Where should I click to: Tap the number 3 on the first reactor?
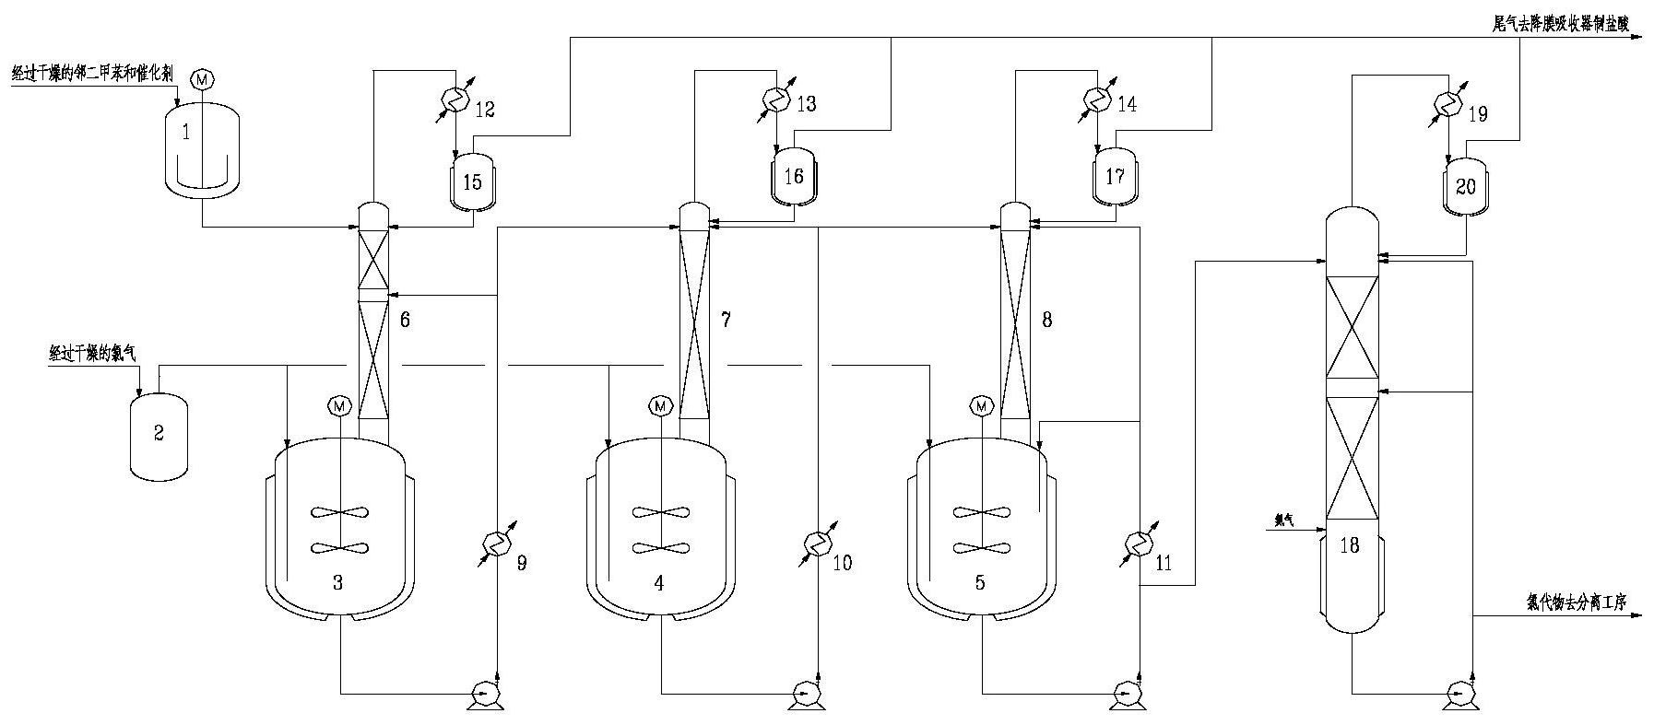[338, 582]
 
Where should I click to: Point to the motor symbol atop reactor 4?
[659, 404]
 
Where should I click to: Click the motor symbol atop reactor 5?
[982, 404]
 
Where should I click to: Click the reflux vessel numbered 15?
[472, 180]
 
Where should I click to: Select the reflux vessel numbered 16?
[793, 175]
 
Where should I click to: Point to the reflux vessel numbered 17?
[1115, 175]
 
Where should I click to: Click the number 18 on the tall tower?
[1349, 545]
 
